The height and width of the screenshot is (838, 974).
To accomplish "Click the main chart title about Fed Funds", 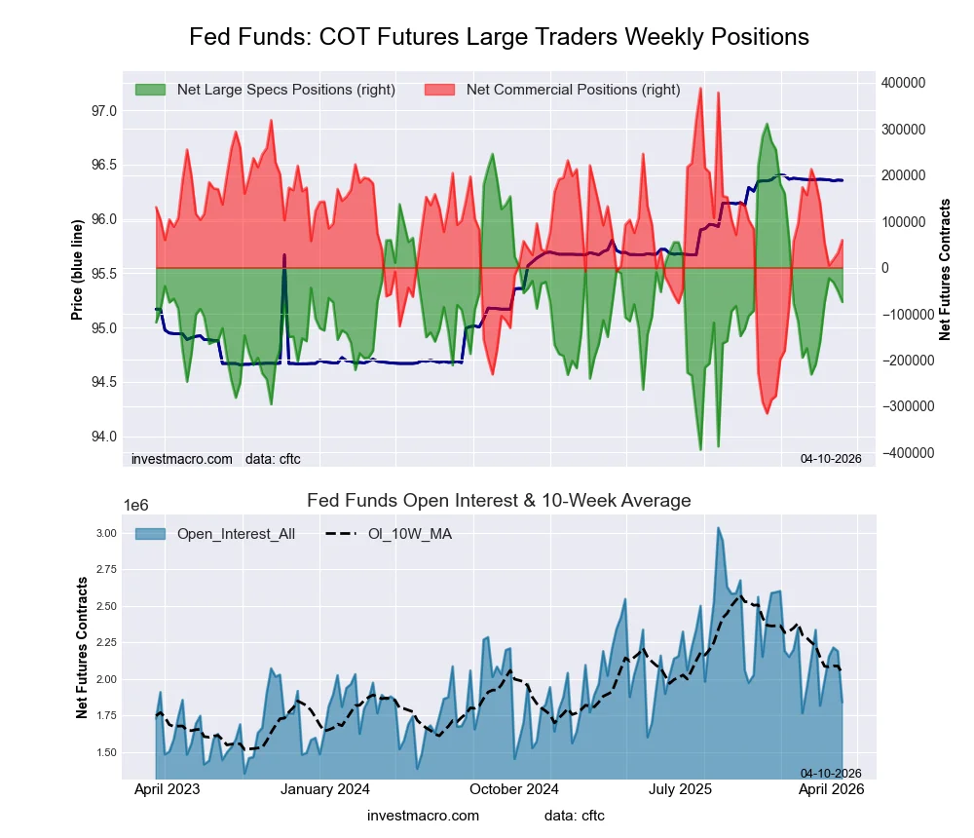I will click(x=499, y=37).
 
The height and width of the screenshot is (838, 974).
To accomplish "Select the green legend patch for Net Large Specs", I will click(x=150, y=90).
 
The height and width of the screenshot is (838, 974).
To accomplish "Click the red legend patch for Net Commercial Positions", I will click(x=440, y=90).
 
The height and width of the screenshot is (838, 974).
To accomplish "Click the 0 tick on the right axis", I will click(x=887, y=268).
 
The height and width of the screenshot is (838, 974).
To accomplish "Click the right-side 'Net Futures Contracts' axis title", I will click(x=945, y=269).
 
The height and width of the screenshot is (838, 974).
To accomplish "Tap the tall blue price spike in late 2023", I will click(x=284, y=255).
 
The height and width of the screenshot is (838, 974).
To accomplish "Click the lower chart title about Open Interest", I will click(x=499, y=501).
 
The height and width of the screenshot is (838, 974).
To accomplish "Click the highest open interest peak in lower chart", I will click(x=718, y=529).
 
